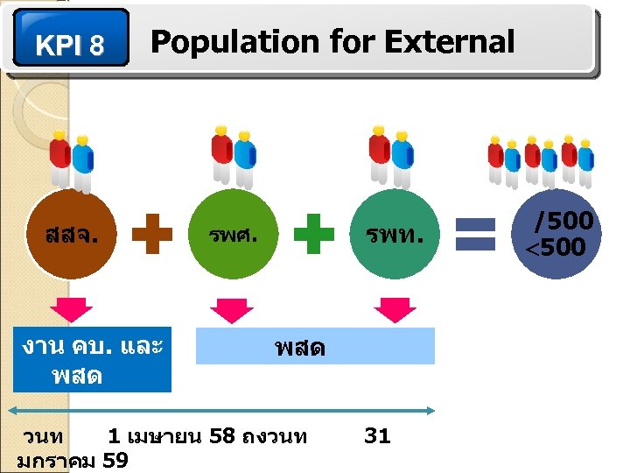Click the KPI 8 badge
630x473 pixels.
[71, 39]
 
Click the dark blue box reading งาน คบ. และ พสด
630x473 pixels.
[93, 360]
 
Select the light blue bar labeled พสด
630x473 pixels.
[315, 347]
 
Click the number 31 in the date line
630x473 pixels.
[377, 435]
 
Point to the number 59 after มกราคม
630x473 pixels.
[115, 460]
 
